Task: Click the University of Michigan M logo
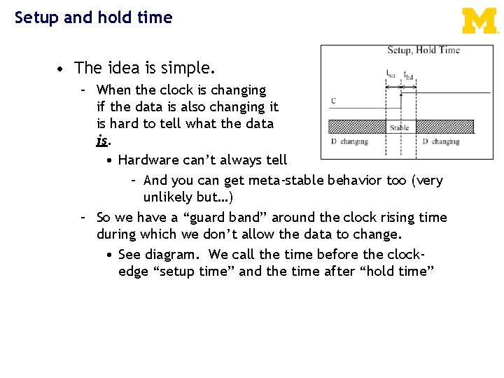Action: click(x=480, y=21)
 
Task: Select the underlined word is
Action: click(x=102, y=141)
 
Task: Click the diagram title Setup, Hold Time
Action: click(x=423, y=50)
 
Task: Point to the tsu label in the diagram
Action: click(x=391, y=73)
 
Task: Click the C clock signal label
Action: click(x=333, y=101)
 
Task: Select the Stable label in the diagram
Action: click(x=400, y=128)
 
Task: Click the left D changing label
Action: click(x=349, y=141)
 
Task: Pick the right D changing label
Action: click(x=441, y=141)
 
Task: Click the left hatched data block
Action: click(x=357, y=127)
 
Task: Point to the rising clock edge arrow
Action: click(x=400, y=99)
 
